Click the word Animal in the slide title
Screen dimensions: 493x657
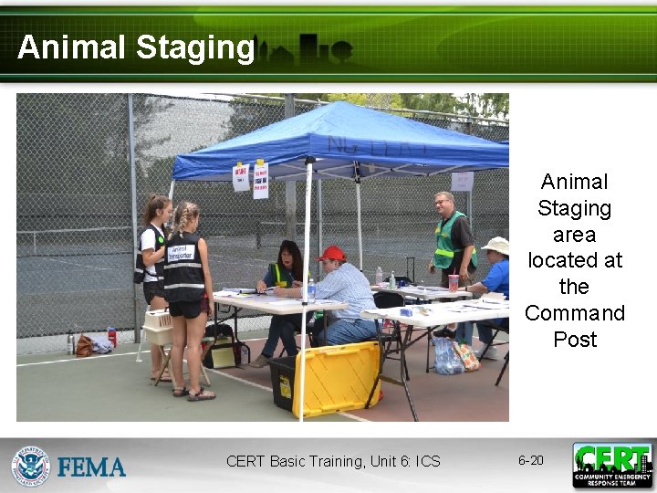click(x=71, y=47)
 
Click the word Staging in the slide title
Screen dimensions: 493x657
click(x=194, y=47)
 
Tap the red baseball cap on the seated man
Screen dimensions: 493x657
click(x=331, y=253)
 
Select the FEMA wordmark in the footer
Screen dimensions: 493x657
click(x=91, y=467)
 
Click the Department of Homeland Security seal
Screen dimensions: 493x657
click(x=30, y=466)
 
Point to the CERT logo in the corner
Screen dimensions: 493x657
click(x=612, y=465)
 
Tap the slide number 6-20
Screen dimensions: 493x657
click(x=530, y=460)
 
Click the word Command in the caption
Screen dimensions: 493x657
click(x=574, y=313)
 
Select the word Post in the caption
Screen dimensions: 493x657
click(x=574, y=340)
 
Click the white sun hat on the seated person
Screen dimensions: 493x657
click(x=498, y=245)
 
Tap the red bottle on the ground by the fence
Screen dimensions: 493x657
click(x=111, y=338)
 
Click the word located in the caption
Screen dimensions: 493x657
click(x=574, y=260)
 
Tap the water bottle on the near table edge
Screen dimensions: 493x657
click(x=310, y=291)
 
